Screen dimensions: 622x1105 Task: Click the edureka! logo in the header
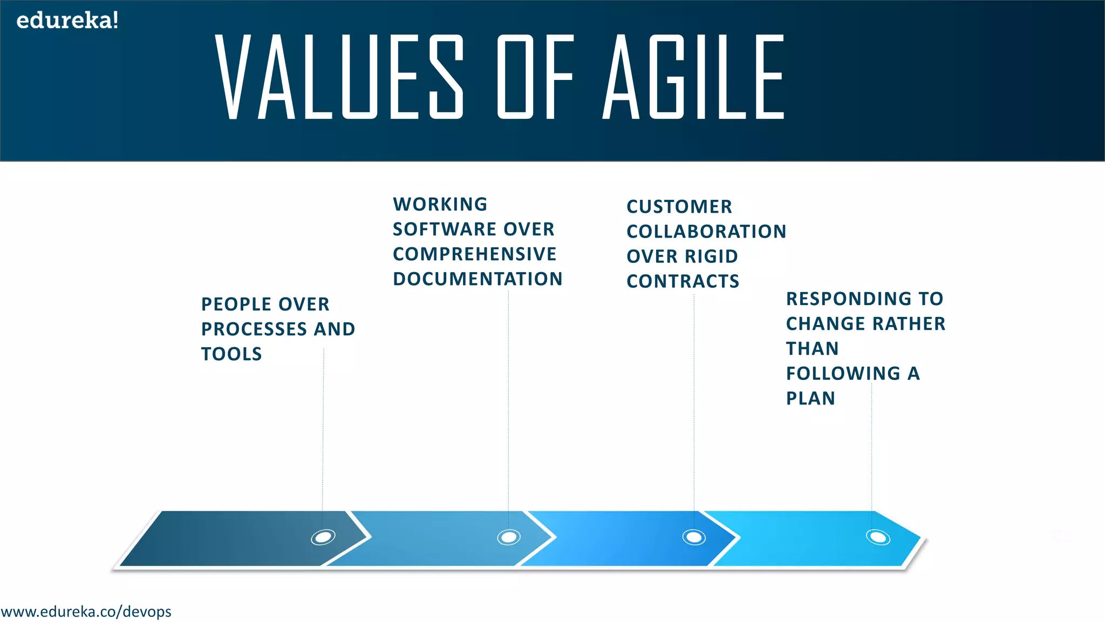click(67, 21)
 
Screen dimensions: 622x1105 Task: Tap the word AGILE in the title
click(694, 77)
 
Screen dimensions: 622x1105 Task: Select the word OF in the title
click(535, 77)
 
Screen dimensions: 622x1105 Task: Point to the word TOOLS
click(231, 354)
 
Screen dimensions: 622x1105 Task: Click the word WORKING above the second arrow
click(440, 205)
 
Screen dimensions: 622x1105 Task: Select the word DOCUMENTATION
click(478, 279)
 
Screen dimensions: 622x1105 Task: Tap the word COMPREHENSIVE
click(474, 254)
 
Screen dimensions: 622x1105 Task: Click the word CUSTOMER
click(679, 207)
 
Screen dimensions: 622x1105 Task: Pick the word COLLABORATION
click(706, 232)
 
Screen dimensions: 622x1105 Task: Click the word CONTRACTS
click(683, 281)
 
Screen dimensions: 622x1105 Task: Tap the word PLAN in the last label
click(810, 398)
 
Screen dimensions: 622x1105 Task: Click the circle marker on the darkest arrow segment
click(323, 537)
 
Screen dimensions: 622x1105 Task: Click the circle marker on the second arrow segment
click(509, 537)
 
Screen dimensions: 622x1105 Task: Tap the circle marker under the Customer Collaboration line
click(694, 537)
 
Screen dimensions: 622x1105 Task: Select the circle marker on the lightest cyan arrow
click(878, 537)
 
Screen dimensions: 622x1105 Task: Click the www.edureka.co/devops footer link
click(86, 612)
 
